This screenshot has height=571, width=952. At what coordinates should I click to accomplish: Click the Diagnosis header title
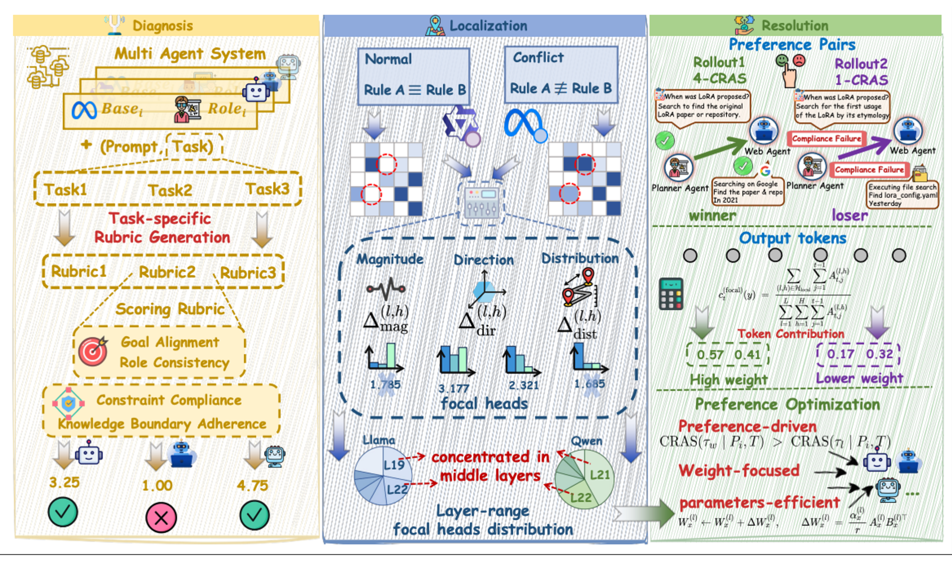click(x=162, y=26)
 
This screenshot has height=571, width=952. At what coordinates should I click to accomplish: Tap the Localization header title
click(x=488, y=26)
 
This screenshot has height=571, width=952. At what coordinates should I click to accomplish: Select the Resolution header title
click(x=794, y=26)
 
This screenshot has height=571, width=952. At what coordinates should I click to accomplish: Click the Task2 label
click(x=170, y=190)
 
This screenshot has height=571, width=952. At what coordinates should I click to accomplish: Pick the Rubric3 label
click(x=248, y=273)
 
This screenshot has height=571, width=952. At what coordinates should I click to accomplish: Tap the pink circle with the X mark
click(x=161, y=518)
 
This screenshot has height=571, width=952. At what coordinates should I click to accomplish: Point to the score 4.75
click(x=252, y=485)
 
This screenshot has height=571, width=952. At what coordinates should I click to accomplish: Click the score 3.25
click(x=65, y=482)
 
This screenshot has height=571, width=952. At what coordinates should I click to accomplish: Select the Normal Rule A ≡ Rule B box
click(x=414, y=76)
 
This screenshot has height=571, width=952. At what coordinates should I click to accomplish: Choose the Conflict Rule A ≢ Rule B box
click(x=561, y=75)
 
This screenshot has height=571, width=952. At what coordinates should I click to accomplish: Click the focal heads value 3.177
click(x=454, y=388)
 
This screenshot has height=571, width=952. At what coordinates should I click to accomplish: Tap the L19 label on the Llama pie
click(x=394, y=465)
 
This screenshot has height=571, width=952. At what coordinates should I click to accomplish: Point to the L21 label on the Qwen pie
click(x=600, y=475)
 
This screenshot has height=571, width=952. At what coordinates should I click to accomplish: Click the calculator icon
click(x=671, y=294)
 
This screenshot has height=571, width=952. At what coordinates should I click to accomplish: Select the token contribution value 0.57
click(x=710, y=355)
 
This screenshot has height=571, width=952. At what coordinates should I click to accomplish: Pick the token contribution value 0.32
click(x=879, y=354)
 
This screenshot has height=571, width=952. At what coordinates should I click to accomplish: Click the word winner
click(x=712, y=216)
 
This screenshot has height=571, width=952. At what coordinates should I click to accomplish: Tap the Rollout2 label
click(x=861, y=64)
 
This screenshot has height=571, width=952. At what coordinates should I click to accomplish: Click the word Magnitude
click(x=390, y=259)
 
